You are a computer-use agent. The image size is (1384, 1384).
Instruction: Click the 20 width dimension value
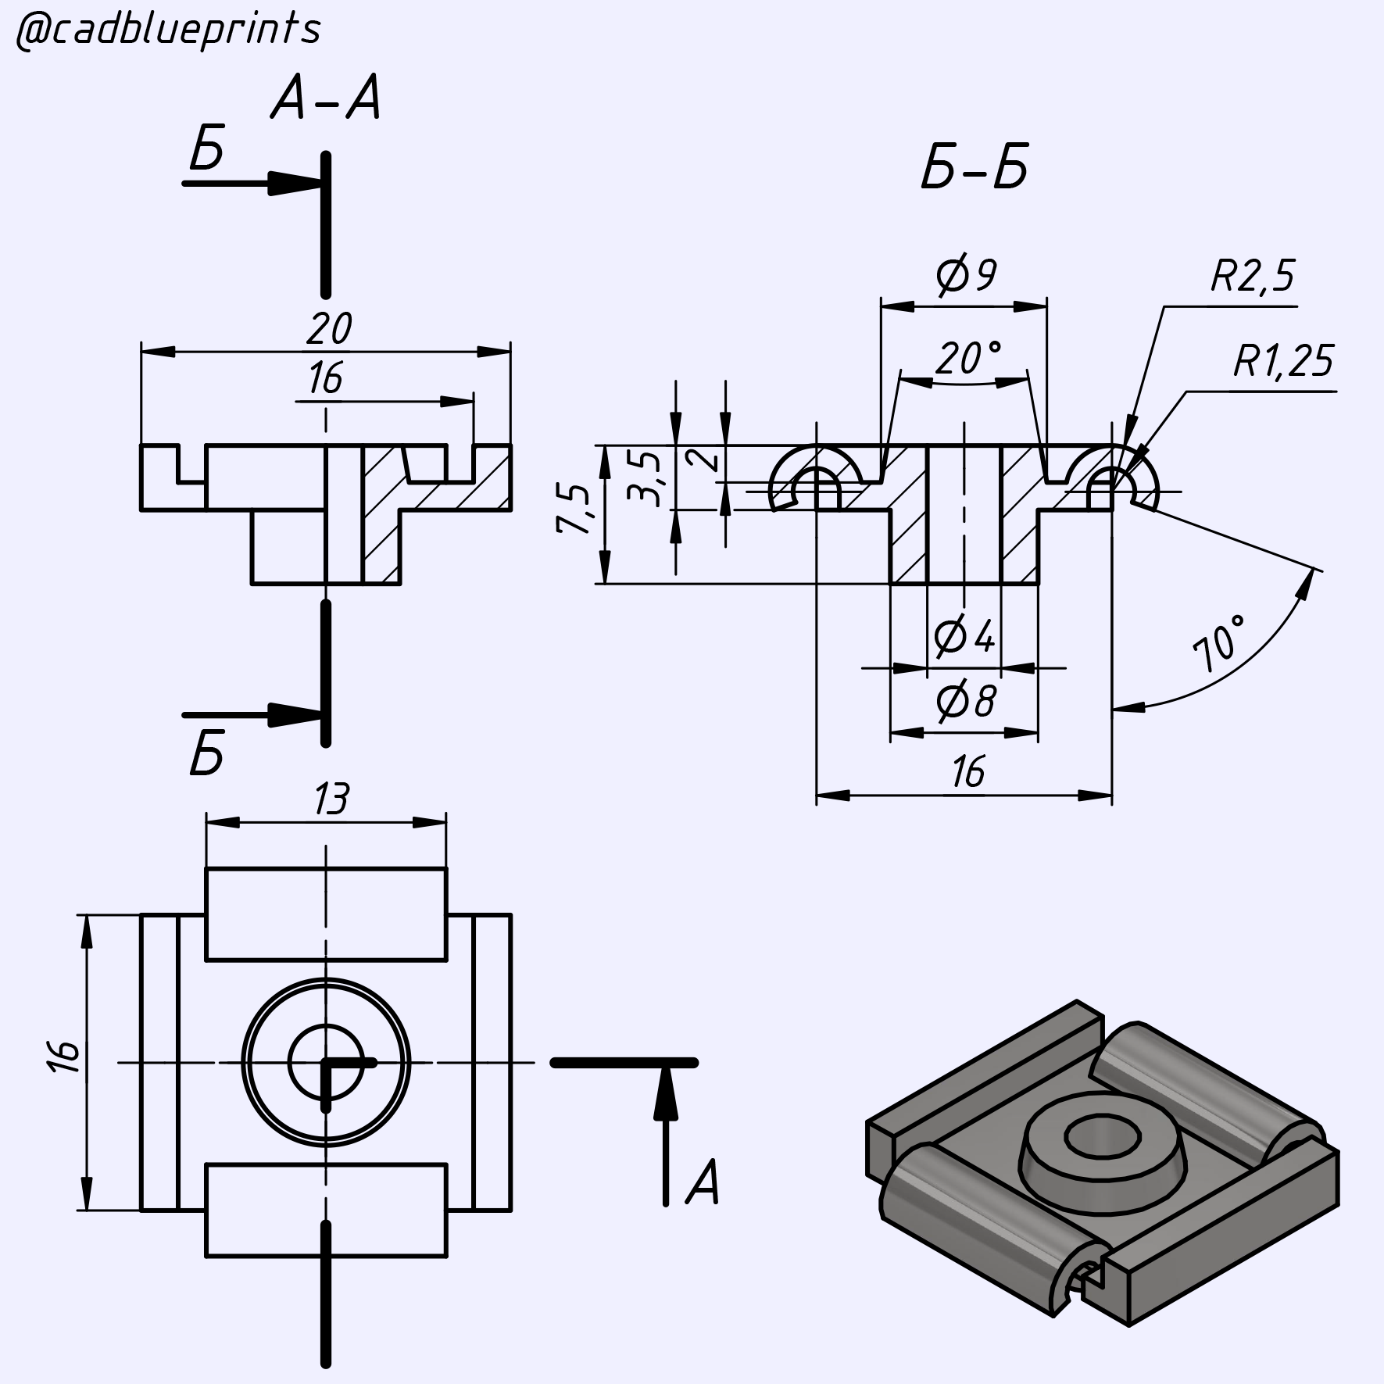328,329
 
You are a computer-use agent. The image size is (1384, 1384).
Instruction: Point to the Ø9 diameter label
966,275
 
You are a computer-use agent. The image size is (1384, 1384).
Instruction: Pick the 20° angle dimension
967,359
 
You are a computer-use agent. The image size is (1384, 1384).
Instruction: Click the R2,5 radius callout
1252,276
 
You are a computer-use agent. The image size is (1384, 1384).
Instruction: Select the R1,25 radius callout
1283,361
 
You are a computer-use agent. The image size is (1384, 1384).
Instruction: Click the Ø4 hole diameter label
964,637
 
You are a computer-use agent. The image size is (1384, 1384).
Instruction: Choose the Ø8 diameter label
966,702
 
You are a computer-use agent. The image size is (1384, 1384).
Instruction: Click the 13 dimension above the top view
331,800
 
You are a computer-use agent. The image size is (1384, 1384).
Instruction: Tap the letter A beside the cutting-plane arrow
702,1182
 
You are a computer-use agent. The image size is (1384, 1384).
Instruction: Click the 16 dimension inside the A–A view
325,380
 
